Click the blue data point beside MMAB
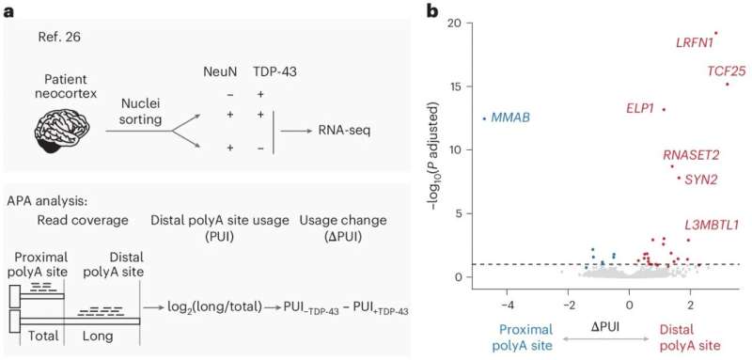click(x=484, y=118)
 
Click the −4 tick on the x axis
click(x=508, y=305)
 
